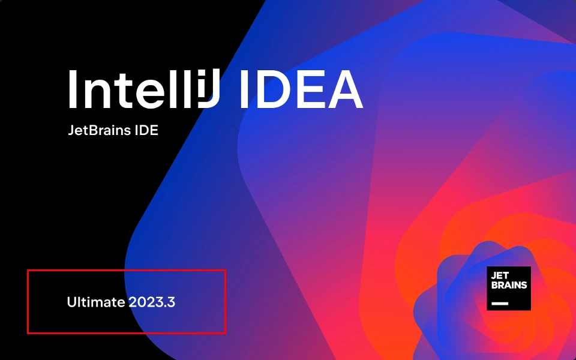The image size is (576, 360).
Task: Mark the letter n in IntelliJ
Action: coord(99,94)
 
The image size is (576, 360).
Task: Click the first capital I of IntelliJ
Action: coord(72,89)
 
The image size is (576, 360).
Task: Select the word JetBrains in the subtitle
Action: coord(97,130)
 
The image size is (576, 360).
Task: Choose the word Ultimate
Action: coord(95,302)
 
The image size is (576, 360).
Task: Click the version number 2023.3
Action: coord(152,302)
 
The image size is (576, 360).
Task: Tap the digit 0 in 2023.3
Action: coord(141,302)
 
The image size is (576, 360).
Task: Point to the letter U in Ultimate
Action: coord(71,302)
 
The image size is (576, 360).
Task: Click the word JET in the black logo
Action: coord(500,275)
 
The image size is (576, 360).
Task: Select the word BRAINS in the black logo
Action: coord(509,285)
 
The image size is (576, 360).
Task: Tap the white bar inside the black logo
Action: coord(499,304)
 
